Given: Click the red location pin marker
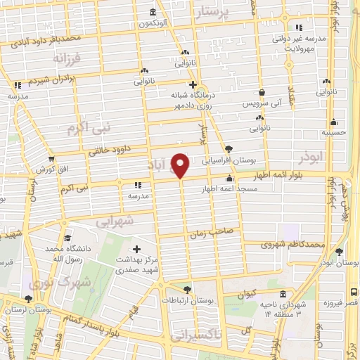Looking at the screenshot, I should pyautogui.click(x=181, y=165).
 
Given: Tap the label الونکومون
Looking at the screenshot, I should pyautogui.click(x=154, y=24).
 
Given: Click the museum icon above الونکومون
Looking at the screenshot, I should pyautogui.click(x=154, y=12).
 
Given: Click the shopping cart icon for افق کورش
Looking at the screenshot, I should pyautogui.click(x=51, y=160).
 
